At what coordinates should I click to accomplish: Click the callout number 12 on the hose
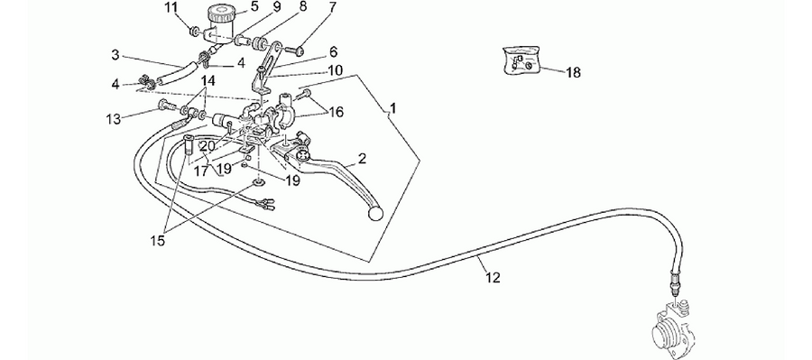pyautogui.click(x=493, y=278)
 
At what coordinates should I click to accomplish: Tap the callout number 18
pyautogui.click(x=573, y=72)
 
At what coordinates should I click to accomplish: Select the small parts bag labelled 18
pyautogui.click(x=521, y=61)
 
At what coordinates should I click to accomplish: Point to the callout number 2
pyautogui.click(x=362, y=159)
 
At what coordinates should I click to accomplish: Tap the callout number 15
pyautogui.click(x=157, y=240)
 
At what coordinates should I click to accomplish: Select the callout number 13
pyautogui.click(x=114, y=119)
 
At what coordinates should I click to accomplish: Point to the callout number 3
pyautogui.click(x=115, y=55)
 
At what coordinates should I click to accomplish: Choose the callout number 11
pyautogui.click(x=171, y=8)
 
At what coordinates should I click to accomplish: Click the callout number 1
pyautogui.click(x=393, y=108)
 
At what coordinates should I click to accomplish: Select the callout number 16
pyautogui.click(x=337, y=112)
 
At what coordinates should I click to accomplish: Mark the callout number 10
pyautogui.click(x=335, y=70)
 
